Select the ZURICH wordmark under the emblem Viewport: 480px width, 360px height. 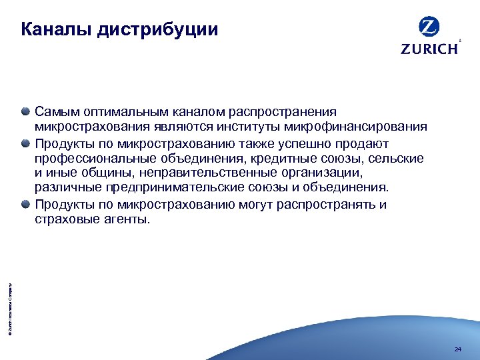(x=429, y=49)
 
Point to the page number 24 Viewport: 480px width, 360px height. (x=457, y=349)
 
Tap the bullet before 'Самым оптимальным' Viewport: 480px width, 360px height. (x=25, y=111)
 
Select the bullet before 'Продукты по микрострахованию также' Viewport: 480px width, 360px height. (x=25, y=143)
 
